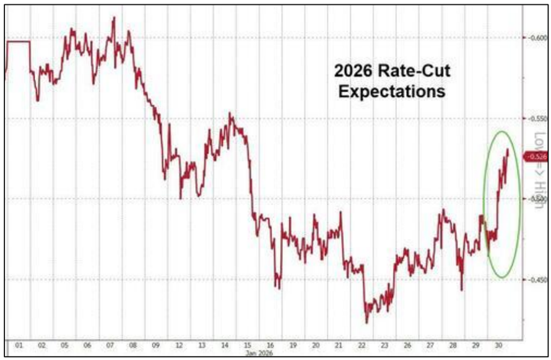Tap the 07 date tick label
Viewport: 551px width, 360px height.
pyautogui.click(x=110, y=345)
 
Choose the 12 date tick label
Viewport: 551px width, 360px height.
pyautogui.click(x=178, y=345)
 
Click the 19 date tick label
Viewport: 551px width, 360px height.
pyautogui.click(x=293, y=345)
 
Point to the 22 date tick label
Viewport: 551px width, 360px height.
pyautogui.click(x=362, y=345)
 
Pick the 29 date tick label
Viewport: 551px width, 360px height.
pyautogui.click(x=476, y=345)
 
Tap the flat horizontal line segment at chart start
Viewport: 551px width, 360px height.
pyautogui.click(x=18, y=41)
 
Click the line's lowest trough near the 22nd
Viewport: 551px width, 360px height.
pyautogui.click(x=367, y=322)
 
